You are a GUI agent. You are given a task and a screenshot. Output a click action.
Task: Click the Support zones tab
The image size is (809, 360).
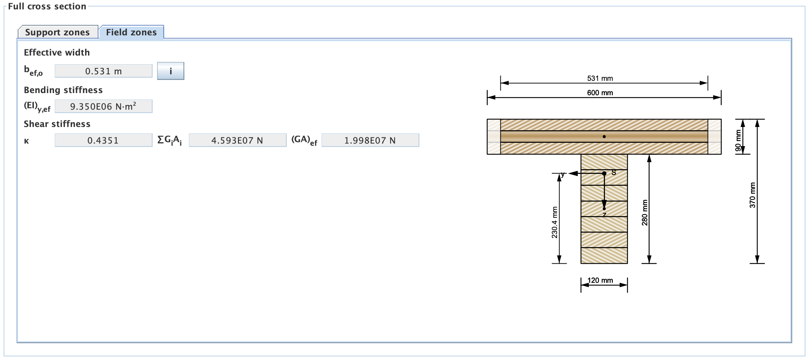[x=58, y=32]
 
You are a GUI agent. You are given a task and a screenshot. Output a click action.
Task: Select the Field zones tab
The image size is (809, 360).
[x=131, y=32]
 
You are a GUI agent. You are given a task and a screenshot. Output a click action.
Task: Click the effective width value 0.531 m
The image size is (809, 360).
[x=103, y=71]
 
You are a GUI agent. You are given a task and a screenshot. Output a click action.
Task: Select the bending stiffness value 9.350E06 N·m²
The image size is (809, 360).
[x=103, y=106]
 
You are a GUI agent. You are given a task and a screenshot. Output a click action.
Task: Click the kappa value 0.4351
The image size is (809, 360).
[x=103, y=140]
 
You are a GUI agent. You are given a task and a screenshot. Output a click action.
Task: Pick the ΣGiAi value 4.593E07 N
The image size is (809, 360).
[x=237, y=140]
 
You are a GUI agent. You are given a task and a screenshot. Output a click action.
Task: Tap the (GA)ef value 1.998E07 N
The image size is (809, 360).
[x=370, y=140]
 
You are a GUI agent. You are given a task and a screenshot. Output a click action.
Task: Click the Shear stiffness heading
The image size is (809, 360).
[x=57, y=124]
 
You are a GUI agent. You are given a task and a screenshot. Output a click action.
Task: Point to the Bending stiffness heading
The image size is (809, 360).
[x=63, y=90]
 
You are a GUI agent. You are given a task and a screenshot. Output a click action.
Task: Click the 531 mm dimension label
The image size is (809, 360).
[x=600, y=78]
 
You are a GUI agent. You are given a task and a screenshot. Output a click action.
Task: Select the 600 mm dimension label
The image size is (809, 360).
[x=600, y=93]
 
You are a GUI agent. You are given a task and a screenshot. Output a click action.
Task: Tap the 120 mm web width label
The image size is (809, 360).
[x=600, y=280]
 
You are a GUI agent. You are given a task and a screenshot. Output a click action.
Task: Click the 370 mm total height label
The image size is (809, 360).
[x=752, y=195]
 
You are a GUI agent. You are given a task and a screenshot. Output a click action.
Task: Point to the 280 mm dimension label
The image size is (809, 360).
[x=645, y=212]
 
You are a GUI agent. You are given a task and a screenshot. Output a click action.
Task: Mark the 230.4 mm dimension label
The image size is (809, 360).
[x=554, y=222]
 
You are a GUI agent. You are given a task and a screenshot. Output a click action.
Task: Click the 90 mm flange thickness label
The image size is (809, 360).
[x=738, y=140]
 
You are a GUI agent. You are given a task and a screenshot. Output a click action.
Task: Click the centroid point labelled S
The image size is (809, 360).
[x=604, y=174]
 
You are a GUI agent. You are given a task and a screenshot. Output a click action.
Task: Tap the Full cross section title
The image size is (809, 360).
[x=47, y=6]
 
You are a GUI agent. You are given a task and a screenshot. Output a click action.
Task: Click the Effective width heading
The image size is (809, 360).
[x=57, y=52]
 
